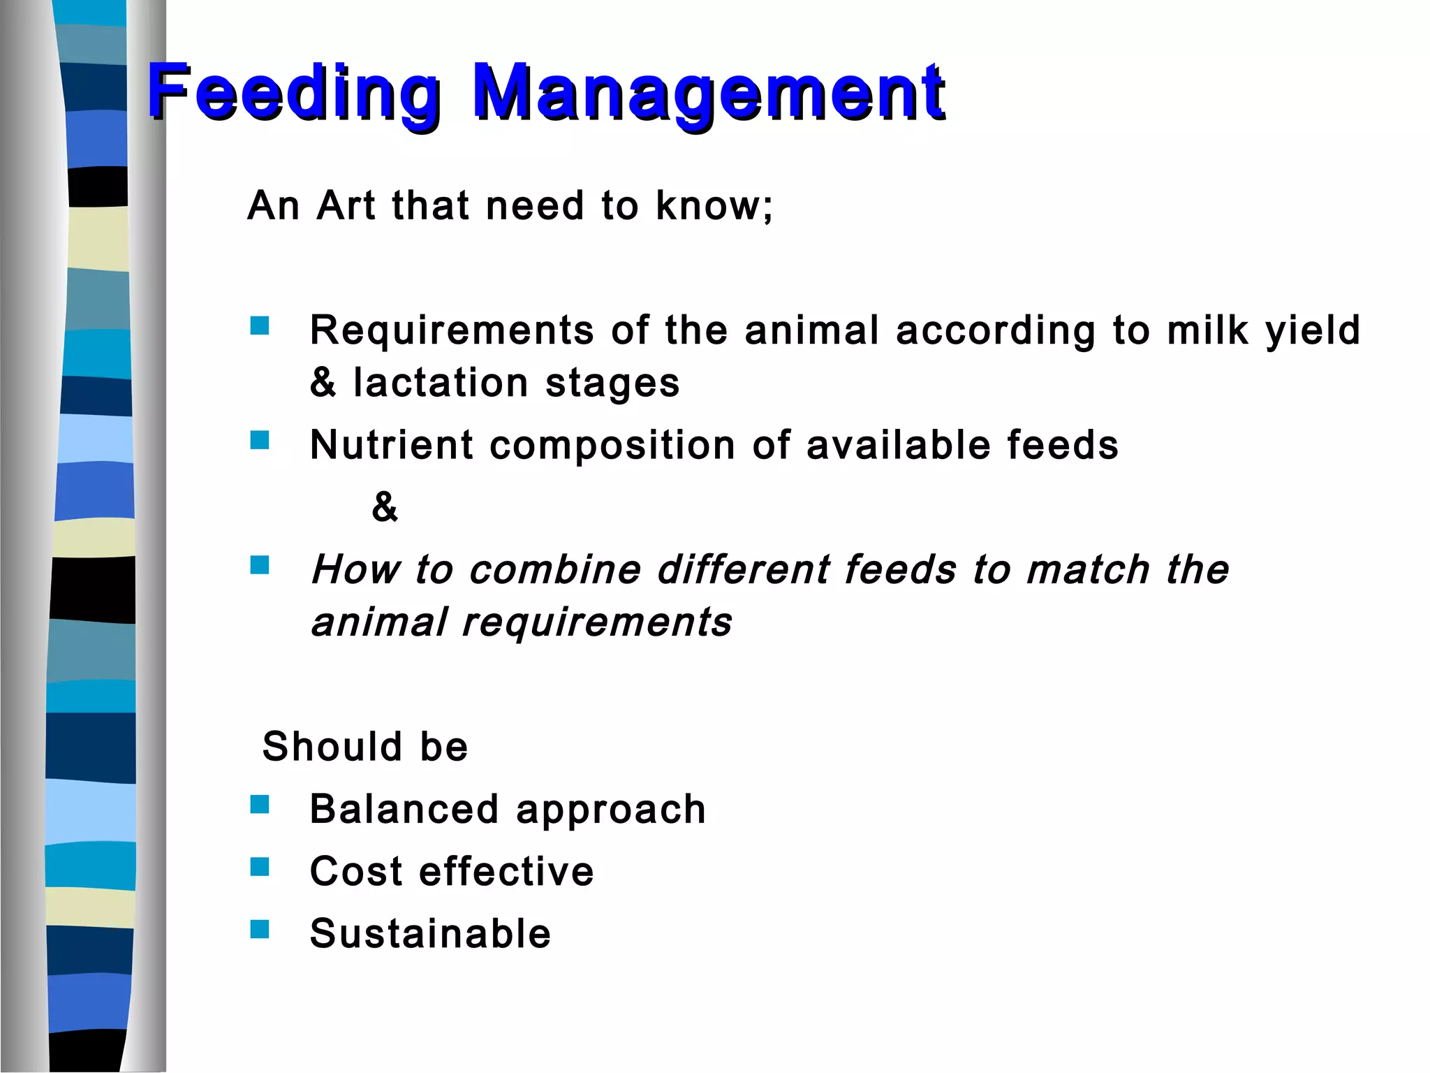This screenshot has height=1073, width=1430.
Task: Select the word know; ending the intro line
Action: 714,205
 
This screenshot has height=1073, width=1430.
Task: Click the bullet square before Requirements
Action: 260,326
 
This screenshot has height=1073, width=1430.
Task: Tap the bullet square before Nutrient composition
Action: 260,440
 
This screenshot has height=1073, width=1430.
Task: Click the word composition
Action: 612,446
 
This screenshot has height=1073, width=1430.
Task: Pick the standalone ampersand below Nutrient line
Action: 385,506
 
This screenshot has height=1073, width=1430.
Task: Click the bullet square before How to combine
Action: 260,564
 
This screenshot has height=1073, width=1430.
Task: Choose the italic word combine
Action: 555,569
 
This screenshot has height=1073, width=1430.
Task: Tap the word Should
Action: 332,746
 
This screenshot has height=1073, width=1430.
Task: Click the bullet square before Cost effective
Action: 260,867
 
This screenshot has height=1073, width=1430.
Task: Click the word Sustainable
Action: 430,933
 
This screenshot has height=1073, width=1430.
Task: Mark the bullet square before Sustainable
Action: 260,929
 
